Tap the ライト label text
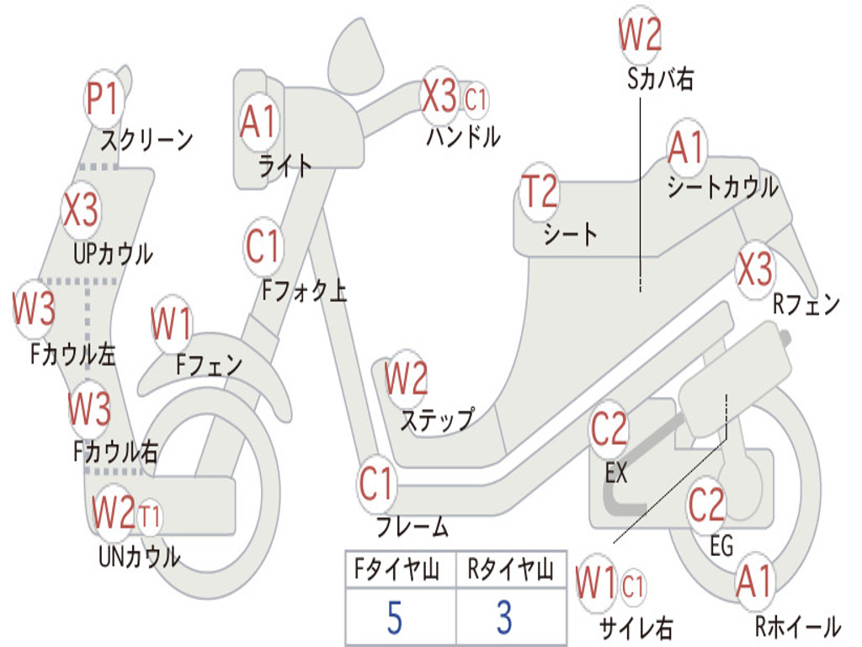tap(285, 166)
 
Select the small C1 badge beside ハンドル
tap(476, 99)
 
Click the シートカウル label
tap(722, 188)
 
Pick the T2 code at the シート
tap(540, 193)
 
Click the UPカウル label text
tap(113, 254)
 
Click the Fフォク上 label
tap(304, 291)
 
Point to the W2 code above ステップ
tap(406, 379)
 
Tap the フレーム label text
tap(412, 528)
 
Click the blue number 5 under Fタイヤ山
tap(394, 618)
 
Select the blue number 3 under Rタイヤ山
tap(503, 618)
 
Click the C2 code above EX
tap(609, 430)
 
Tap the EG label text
tap(721, 547)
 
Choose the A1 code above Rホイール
tap(753, 582)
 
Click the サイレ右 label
tap(636, 628)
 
